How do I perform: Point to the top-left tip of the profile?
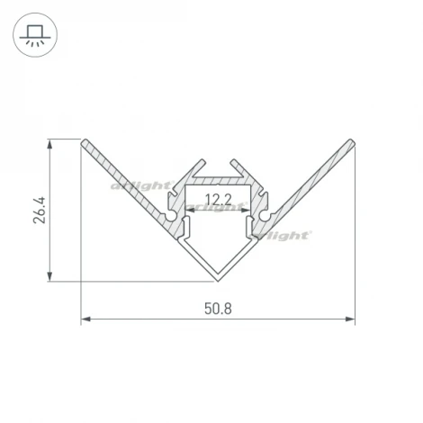click(85, 141)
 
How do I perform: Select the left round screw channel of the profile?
click(173, 214)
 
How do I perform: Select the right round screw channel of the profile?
click(262, 214)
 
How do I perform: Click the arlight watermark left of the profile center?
click(139, 187)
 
